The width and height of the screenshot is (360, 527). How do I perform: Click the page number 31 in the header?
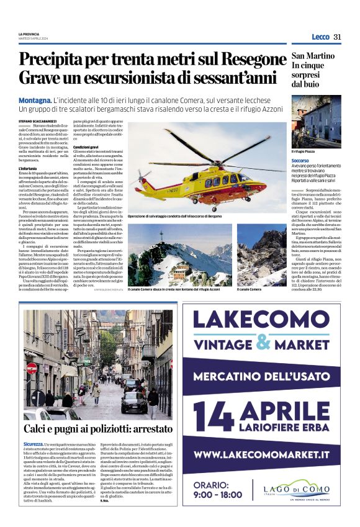click(338, 37)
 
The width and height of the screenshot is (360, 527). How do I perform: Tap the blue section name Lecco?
click(320, 37)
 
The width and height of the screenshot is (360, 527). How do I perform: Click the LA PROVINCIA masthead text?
click(29, 34)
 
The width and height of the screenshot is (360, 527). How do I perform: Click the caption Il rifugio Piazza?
click(306, 151)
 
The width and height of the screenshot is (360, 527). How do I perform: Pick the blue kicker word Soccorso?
click(300, 160)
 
